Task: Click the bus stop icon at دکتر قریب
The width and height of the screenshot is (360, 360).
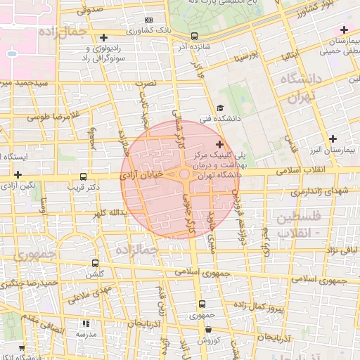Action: (x=84, y=177)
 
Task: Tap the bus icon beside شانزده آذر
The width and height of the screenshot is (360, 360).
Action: (x=194, y=36)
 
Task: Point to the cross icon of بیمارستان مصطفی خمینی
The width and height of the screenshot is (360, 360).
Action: (x=344, y=30)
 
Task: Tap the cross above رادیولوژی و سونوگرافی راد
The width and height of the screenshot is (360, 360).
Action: (x=104, y=37)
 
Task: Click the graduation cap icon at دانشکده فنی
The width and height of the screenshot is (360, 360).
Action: (x=220, y=108)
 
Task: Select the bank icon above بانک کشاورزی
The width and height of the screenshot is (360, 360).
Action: (x=148, y=20)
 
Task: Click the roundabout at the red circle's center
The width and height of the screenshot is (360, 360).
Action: (x=184, y=174)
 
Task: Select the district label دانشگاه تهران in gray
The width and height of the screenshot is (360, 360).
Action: (x=301, y=87)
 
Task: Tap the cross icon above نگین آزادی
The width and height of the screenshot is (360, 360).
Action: (x=18, y=174)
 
